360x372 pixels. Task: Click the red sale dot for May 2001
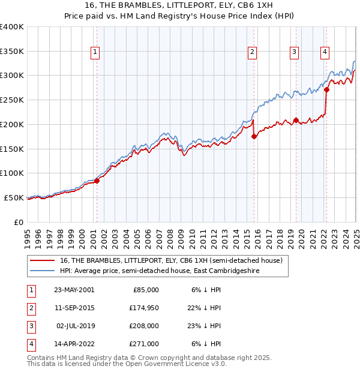tap(97, 181)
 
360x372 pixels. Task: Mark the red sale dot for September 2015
tap(254, 136)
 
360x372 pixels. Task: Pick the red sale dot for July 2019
tap(296, 120)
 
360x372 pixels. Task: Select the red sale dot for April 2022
tap(326, 90)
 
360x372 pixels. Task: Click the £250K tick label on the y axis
tap(11, 100)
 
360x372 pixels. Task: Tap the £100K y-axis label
tap(11, 173)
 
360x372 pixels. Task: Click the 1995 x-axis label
tap(28, 234)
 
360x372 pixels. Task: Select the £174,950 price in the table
tap(145, 308)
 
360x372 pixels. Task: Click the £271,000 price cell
tap(145, 344)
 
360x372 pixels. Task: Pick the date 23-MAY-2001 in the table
tap(74, 290)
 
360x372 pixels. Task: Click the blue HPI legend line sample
tap(42, 271)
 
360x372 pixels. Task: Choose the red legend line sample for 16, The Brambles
tap(42, 260)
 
